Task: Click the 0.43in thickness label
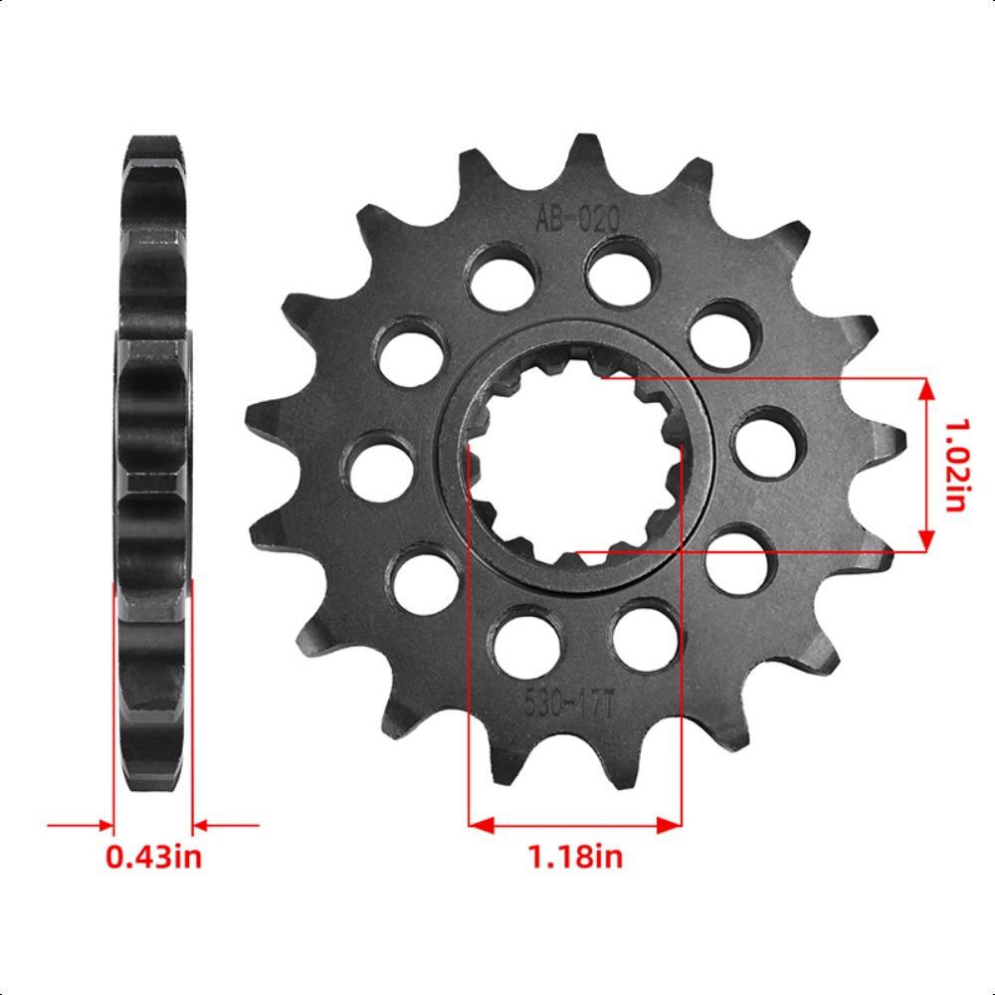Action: (x=154, y=856)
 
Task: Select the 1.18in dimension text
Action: (x=574, y=855)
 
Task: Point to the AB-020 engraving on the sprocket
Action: (x=577, y=218)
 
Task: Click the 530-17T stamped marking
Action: (x=571, y=705)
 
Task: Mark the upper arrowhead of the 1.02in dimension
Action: (x=926, y=388)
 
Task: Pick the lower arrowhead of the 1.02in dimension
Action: (x=926, y=540)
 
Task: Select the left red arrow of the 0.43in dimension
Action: (x=99, y=824)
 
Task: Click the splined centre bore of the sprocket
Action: (x=574, y=465)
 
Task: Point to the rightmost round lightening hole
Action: (x=767, y=439)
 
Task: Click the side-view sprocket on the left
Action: (x=152, y=468)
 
